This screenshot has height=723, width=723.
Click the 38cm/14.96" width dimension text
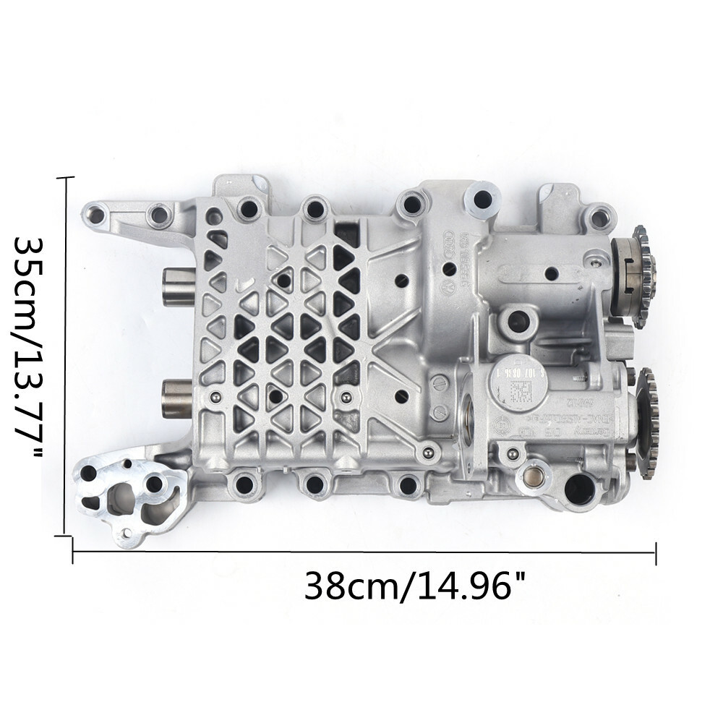click(x=413, y=586)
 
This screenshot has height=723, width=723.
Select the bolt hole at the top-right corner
click(x=596, y=215)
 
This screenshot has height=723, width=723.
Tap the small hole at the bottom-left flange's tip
click(x=127, y=534)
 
